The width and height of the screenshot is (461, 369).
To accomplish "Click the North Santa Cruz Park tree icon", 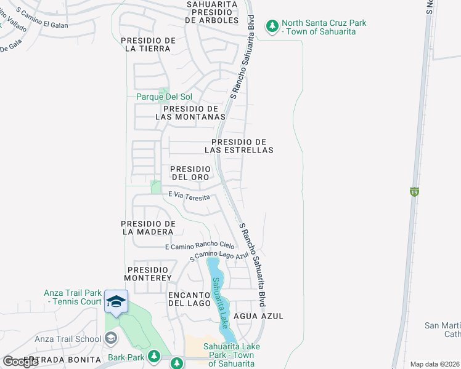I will pyautogui.click(x=272, y=26).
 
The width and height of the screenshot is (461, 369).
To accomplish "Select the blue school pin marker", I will pyautogui.click(x=116, y=301).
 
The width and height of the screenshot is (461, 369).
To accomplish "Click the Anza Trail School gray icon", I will pyautogui.click(x=111, y=337).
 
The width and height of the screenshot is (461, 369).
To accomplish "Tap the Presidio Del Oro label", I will pyautogui.click(x=190, y=173).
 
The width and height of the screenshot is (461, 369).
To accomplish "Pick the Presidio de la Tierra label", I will pyautogui.click(x=149, y=44).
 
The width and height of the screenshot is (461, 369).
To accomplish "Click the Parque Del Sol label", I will pyautogui.click(x=164, y=97).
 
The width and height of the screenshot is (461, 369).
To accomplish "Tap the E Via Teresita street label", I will pyautogui.click(x=189, y=196).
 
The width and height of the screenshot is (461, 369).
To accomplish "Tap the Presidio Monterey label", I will pyautogui.click(x=149, y=274).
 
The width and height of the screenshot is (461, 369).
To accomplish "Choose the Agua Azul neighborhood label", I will pyautogui.click(x=259, y=316).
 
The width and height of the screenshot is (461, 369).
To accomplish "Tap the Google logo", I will pyautogui.click(x=21, y=361).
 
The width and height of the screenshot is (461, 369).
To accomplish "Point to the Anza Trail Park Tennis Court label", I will pyautogui.click(x=73, y=297).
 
